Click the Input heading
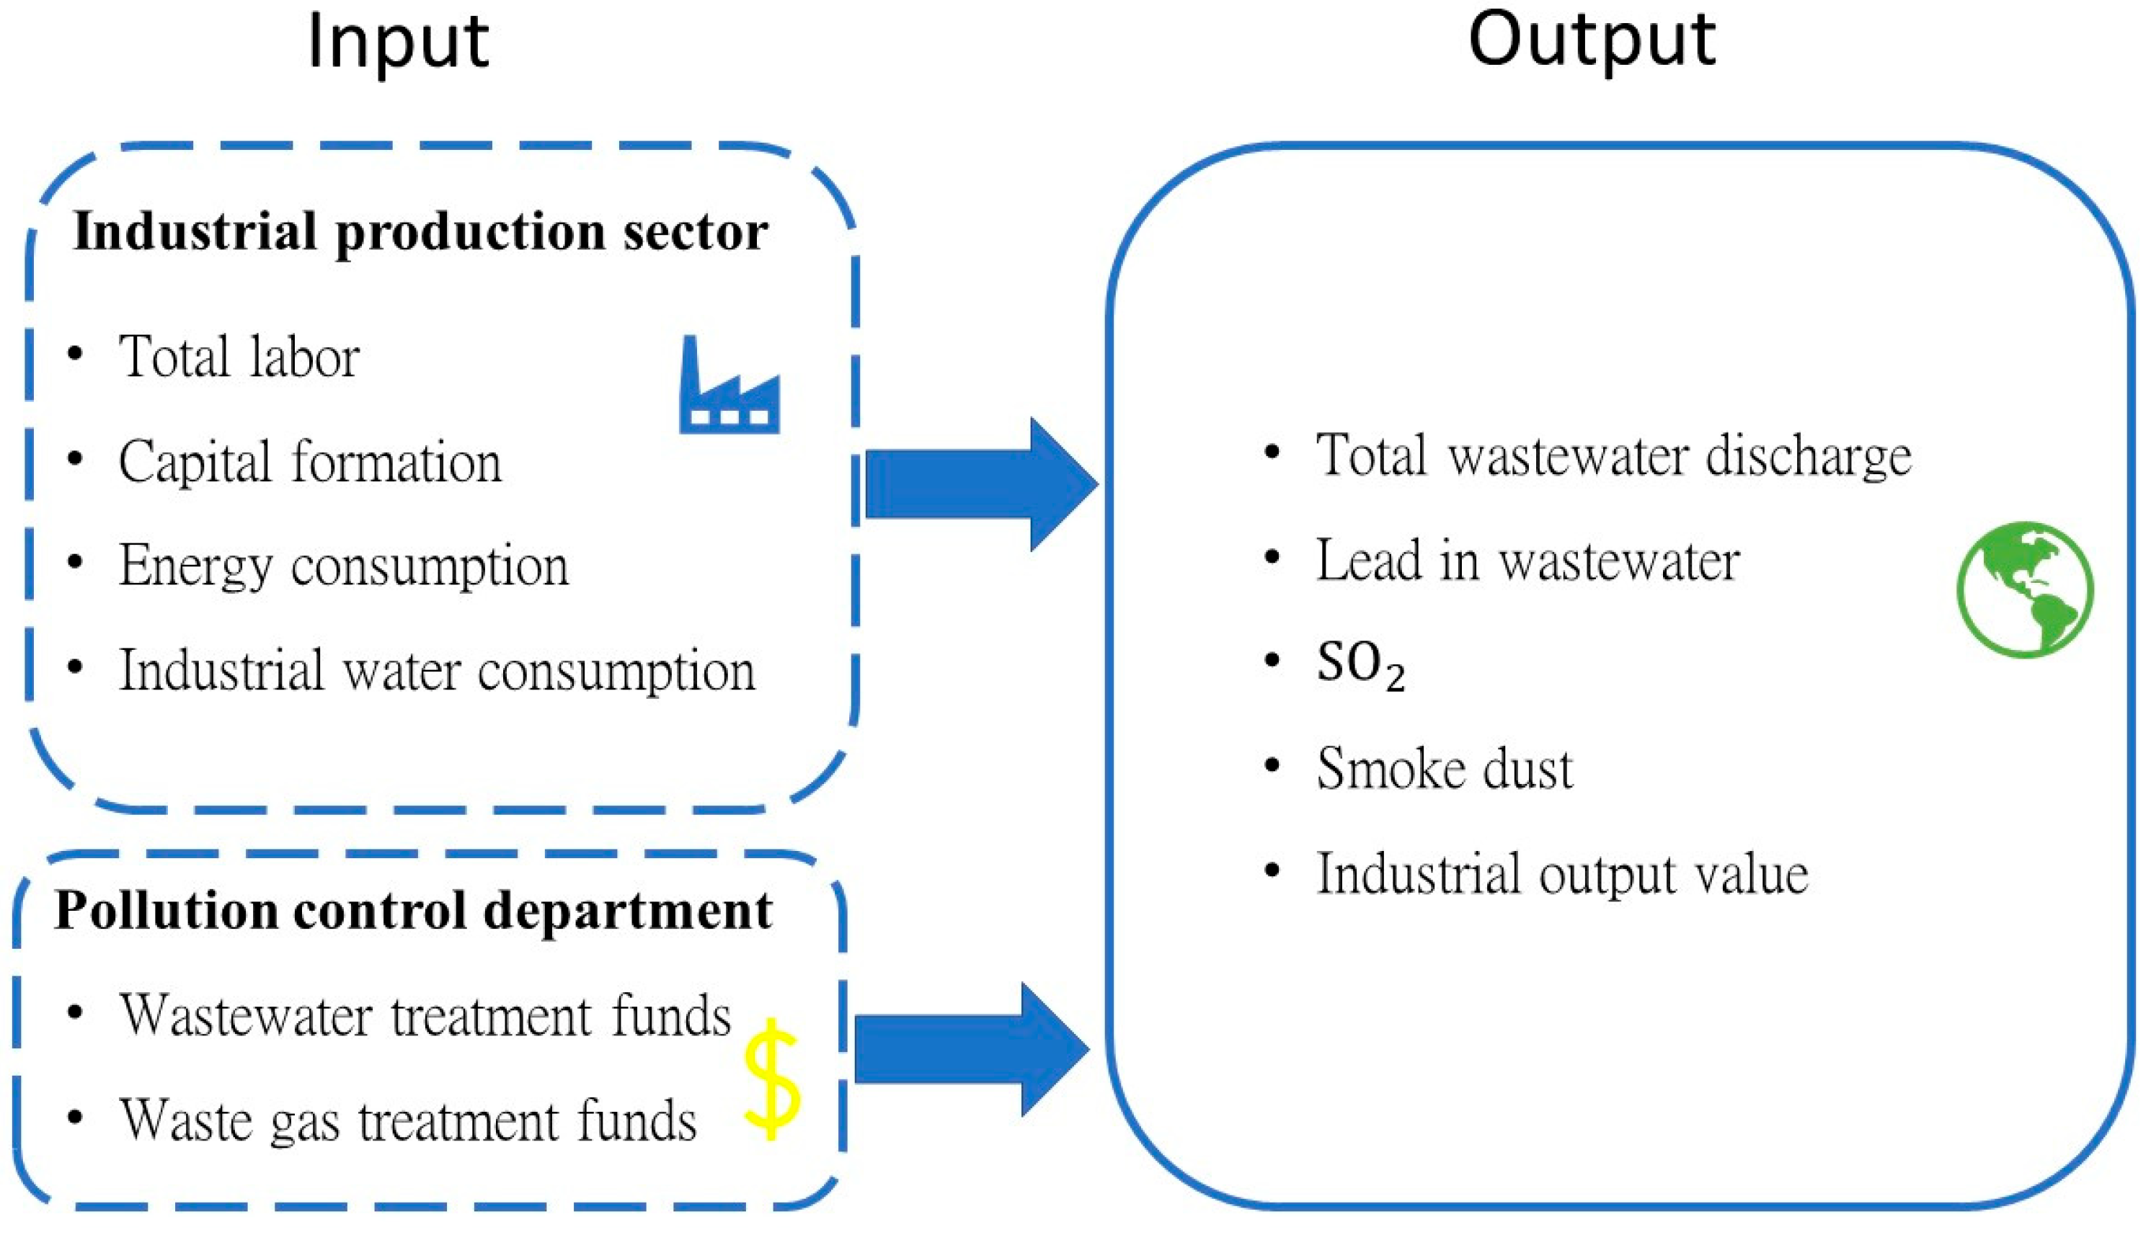(x=398, y=43)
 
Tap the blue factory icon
(x=729, y=387)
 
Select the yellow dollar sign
(x=771, y=1079)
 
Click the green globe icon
(x=2025, y=589)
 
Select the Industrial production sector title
(x=420, y=231)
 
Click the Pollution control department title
(x=413, y=911)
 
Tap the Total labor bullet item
(x=239, y=356)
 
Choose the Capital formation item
(x=310, y=463)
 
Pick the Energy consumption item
(x=343, y=566)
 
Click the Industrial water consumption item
(x=436, y=671)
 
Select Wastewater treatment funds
(x=425, y=1015)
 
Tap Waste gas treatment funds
(x=407, y=1120)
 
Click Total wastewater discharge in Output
(x=1613, y=456)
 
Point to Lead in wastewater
(x=1527, y=561)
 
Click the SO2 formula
(x=1360, y=665)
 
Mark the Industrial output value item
(x=1561, y=874)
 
